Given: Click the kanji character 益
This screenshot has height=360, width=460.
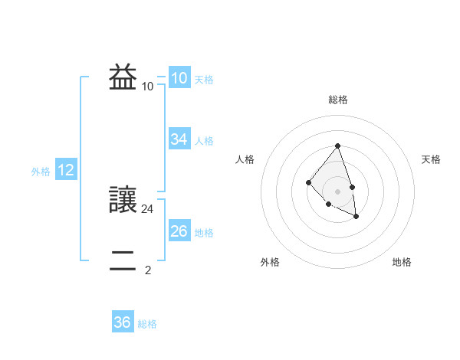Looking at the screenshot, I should point(123,78).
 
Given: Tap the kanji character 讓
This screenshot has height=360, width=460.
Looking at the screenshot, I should point(123,201).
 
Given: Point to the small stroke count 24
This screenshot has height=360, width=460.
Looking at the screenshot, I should point(148,208).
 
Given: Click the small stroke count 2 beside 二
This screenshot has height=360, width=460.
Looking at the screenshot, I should point(148,270).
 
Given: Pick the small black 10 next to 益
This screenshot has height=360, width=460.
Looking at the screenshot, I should point(148,86).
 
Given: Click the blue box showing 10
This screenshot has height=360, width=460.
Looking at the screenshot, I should point(179,78).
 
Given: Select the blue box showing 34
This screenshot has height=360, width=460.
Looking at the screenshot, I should point(179,139).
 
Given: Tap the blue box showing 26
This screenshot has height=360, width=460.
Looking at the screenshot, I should point(179,231).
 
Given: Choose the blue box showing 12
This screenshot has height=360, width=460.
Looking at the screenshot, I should point(65,171).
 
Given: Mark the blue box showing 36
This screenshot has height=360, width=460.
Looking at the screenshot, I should point(122,322).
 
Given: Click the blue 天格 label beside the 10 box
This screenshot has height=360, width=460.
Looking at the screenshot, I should point(204,80).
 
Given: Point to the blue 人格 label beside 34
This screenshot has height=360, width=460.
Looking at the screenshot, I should point(204,141).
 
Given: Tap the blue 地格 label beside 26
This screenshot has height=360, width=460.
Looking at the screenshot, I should point(204,233).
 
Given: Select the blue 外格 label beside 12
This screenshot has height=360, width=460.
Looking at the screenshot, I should point(41,172).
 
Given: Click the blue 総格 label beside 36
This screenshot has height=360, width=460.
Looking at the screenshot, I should point(147,324).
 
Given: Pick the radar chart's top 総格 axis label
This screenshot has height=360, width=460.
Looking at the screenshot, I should point(338,100).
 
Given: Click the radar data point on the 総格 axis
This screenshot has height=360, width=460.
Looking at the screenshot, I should point(338,146).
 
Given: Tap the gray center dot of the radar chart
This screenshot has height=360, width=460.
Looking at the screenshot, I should point(338,191).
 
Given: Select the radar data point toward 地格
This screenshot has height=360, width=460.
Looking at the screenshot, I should point(356,217).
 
